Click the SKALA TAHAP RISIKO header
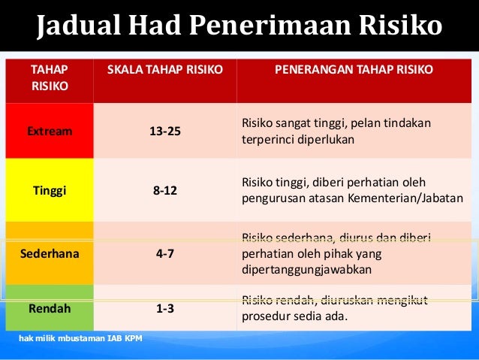[165, 69]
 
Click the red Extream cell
[50, 131]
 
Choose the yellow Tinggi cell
[50, 190]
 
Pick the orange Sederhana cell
[50, 253]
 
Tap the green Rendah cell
[50, 307]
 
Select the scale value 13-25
[165, 132]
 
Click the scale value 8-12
[165, 190]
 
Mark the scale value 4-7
[165, 253]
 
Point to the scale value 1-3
[165, 307]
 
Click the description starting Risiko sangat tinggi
[336, 131]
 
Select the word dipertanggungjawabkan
[306, 269]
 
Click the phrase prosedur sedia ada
[294, 316]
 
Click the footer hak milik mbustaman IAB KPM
[74, 337]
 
